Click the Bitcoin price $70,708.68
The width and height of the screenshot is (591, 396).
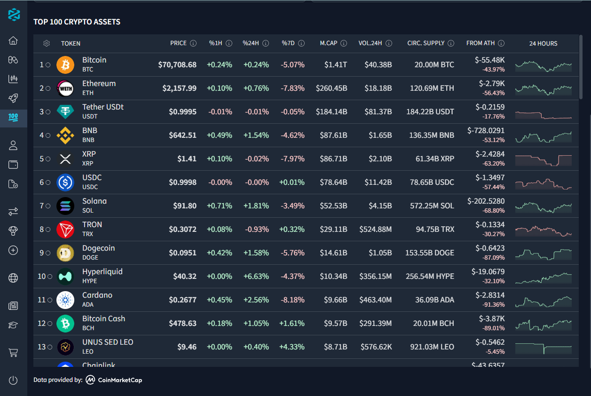(177, 64)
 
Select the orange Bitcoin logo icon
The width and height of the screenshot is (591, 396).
(65, 64)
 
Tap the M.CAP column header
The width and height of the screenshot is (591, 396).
(329, 43)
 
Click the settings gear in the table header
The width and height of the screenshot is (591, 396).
(47, 43)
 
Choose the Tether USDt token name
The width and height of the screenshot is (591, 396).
(102, 107)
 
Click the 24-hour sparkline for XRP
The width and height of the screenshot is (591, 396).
(543, 159)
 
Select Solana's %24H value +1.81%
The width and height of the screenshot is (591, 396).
(256, 206)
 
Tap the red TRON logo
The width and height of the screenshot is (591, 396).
(65, 229)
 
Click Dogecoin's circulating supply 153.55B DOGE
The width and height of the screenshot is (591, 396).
(430, 253)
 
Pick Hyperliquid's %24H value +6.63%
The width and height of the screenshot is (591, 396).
(256, 276)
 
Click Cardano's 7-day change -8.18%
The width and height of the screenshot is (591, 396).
(292, 300)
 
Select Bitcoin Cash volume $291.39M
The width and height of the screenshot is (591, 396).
(376, 323)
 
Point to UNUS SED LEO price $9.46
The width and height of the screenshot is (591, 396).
(187, 347)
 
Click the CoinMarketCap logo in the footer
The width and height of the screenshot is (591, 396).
(114, 380)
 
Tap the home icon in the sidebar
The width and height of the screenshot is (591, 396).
(13, 40)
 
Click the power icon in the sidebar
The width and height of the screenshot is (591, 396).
(13, 380)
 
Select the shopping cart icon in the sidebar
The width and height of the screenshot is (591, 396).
(13, 352)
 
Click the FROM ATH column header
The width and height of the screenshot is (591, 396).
(481, 43)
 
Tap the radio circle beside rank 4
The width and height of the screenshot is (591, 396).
(49, 135)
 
